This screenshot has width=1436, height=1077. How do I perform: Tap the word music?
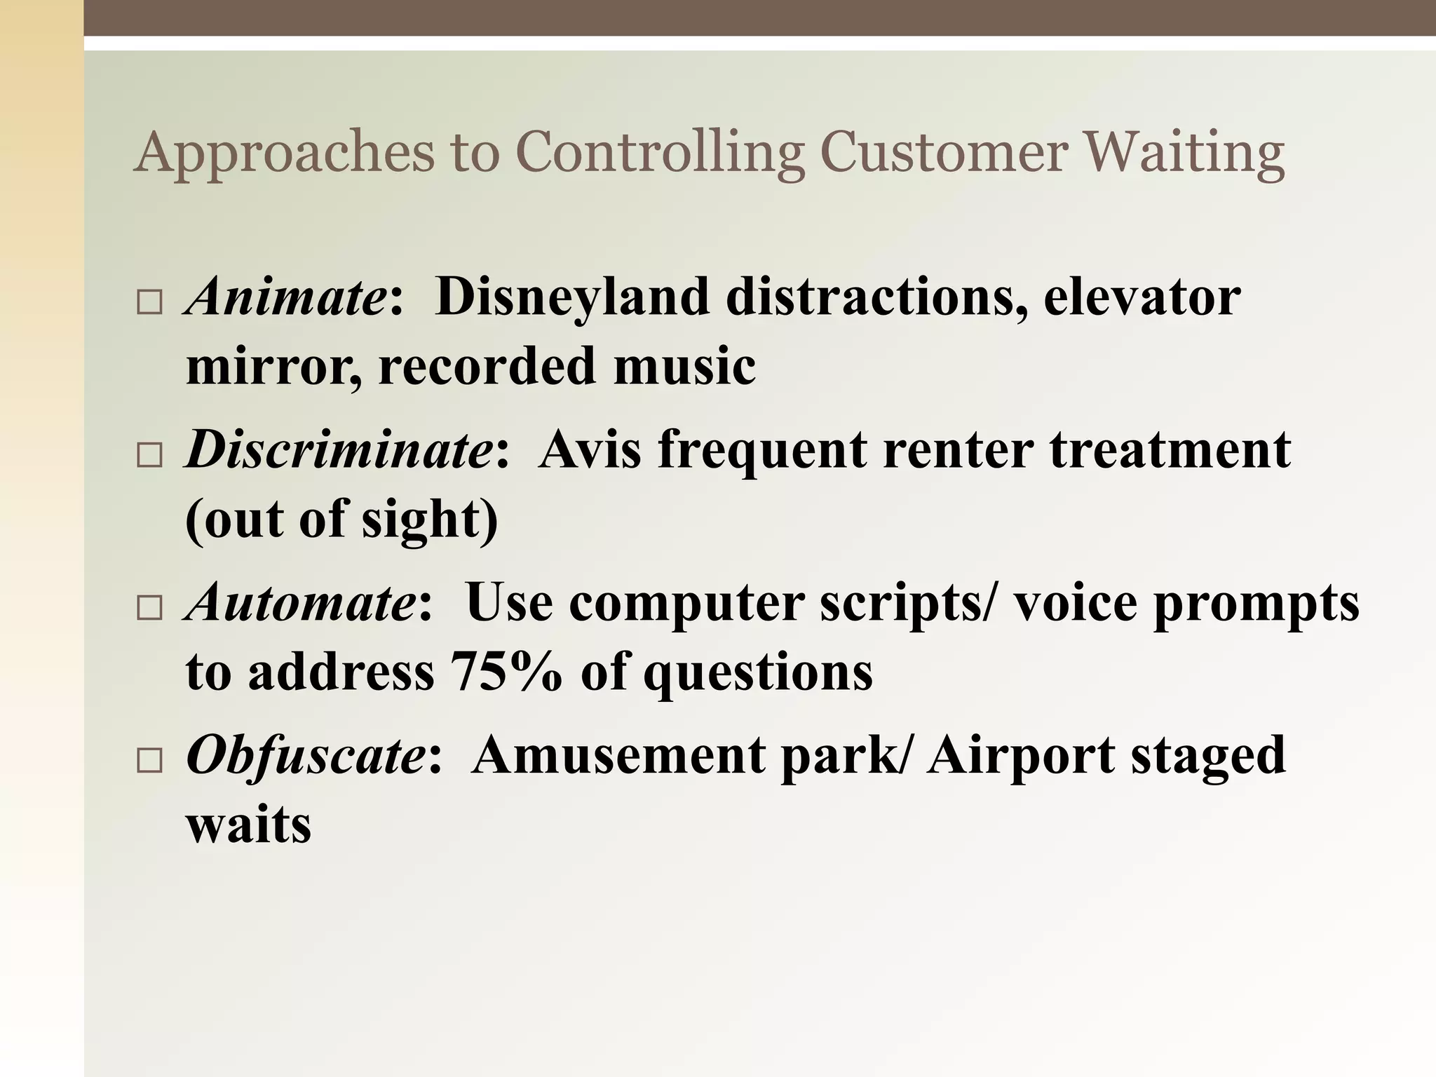[x=684, y=366]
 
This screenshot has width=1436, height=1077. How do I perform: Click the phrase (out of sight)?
[x=342, y=520]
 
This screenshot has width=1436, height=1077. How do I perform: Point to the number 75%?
[x=506, y=672]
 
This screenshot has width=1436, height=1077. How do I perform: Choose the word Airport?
[x=1021, y=755]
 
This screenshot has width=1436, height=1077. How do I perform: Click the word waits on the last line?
[x=248, y=825]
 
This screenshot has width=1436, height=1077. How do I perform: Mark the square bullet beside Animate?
[x=149, y=303]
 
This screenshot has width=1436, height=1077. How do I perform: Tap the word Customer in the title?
[x=944, y=153]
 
